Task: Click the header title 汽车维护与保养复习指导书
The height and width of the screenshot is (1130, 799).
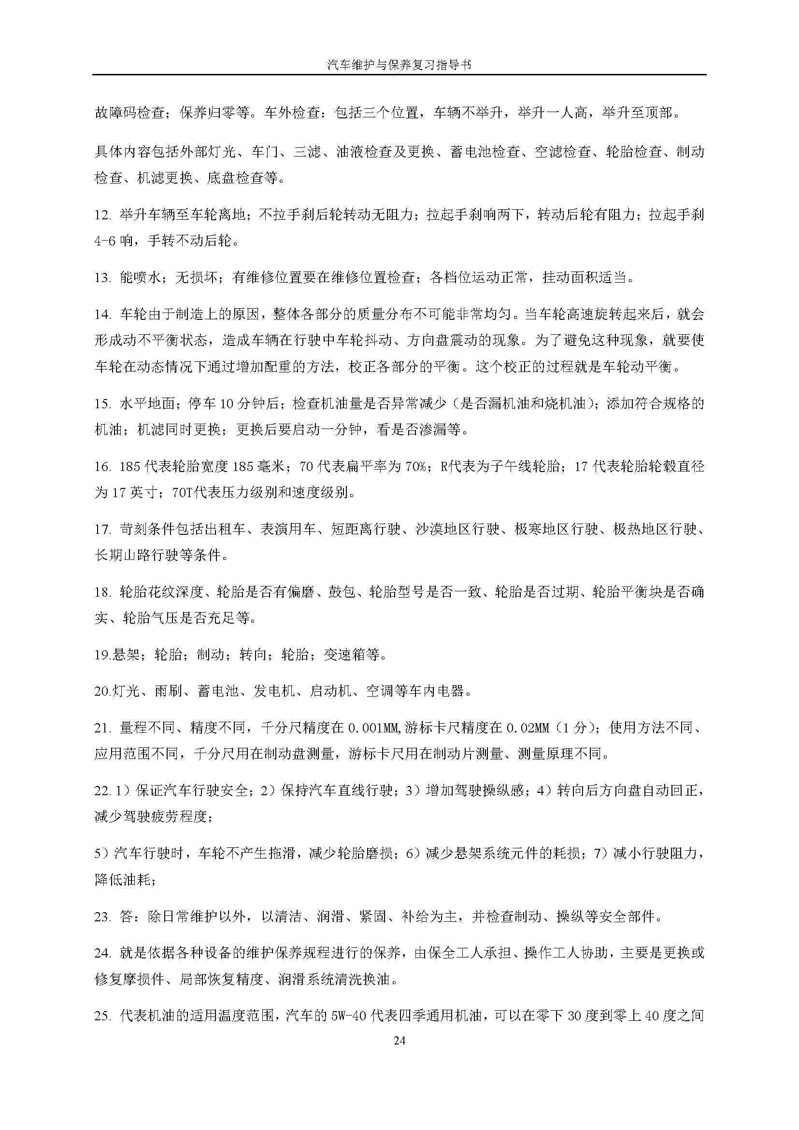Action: pos(399,64)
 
